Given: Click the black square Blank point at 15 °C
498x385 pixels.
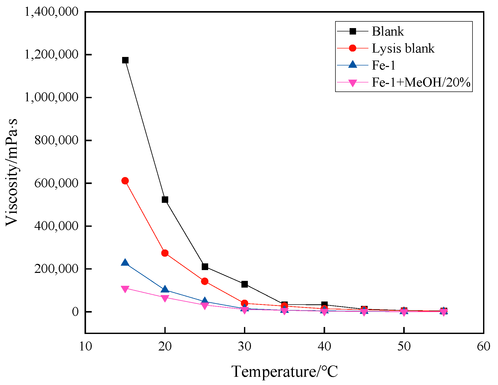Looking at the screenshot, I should (125, 60).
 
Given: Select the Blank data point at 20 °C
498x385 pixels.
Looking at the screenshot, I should (165, 200).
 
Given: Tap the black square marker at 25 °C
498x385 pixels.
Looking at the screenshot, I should (205, 267).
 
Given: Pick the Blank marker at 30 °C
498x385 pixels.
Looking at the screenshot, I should (244, 284).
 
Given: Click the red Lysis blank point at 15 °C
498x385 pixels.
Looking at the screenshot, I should (125, 181).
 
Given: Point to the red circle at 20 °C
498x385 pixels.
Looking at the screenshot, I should (165, 253).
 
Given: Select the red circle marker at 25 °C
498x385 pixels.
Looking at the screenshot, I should (205, 281).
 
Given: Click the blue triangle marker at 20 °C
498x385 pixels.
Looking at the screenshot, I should (165, 290).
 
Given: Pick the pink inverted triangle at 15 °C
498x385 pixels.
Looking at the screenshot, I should (125, 289).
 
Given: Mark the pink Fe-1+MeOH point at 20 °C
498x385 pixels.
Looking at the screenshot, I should (165, 298).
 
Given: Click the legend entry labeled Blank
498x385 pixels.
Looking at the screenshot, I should (388, 31).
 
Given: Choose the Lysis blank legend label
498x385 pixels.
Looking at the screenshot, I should (403, 48).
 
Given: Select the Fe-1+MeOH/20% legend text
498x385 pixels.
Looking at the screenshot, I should (421, 82).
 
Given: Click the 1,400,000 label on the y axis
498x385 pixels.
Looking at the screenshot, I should (51, 12).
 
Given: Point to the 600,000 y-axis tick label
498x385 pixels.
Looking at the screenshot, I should (56, 183).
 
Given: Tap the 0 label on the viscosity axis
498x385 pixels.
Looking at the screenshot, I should (75, 312).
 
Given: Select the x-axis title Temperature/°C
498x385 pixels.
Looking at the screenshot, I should (284, 372).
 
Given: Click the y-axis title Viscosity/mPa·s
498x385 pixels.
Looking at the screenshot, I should (12, 172).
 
